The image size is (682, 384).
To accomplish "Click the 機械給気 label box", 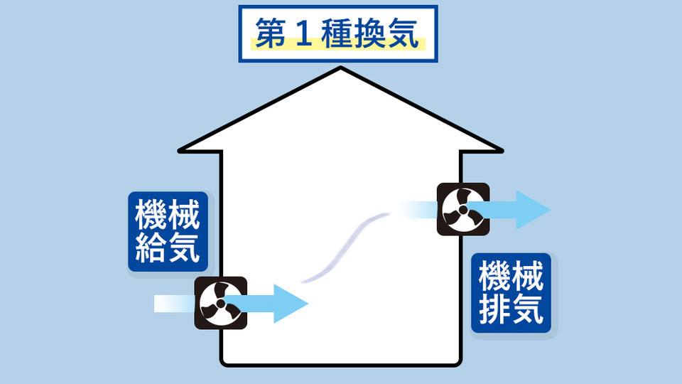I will (168, 231).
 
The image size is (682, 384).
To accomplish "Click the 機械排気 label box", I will (511, 293).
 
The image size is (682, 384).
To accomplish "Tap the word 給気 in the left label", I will (168, 248).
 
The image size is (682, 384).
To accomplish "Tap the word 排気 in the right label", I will (511, 310).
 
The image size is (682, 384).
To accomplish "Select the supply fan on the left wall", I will (220, 303).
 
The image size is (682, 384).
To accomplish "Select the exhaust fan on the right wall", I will (462, 210).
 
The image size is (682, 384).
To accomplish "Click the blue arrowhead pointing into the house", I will (290, 304).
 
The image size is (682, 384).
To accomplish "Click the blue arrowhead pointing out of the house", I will (533, 210).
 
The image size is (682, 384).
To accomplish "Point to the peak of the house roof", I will (342, 68).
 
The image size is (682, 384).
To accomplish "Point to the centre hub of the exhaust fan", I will (462, 210).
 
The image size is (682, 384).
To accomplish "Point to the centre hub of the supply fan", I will (220, 304).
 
